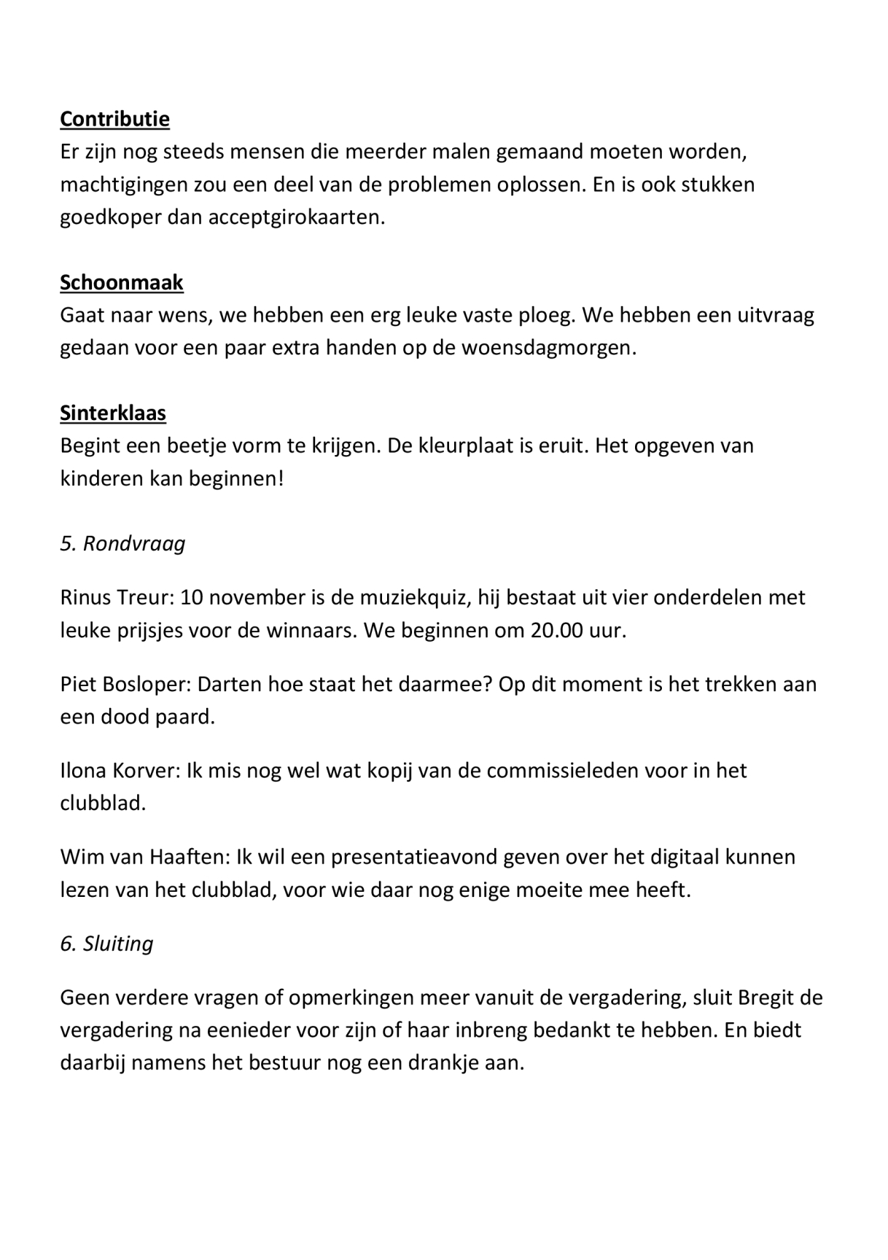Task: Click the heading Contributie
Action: click(114, 119)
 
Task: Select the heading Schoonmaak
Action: click(122, 282)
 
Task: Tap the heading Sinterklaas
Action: click(113, 413)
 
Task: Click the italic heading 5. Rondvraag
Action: click(122, 543)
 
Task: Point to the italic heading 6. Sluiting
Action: click(106, 944)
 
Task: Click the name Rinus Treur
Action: click(117, 597)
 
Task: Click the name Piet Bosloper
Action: click(124, 684)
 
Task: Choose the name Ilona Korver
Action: click(120, 771)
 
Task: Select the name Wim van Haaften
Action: click(144, 857)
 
